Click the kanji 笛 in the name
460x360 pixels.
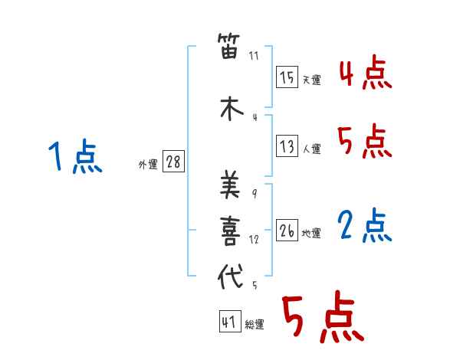[229, 46]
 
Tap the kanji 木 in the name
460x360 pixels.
[232, 108]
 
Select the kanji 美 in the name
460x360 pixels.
[230, 184]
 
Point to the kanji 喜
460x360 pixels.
[230, 231]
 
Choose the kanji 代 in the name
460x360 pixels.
[231, 276]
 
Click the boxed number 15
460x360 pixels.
[287, 77]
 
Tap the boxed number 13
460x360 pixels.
[287, 146]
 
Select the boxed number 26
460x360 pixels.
[287, 230]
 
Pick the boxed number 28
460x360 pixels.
[173, 161]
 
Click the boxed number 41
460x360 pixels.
[230, 321]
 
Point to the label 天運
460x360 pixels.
[312, 80]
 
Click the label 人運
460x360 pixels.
[312, 149]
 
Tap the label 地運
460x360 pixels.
[311, 234]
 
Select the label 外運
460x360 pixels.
[148, 165]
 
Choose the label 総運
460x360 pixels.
[255, 324]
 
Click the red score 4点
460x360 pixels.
[366, 73]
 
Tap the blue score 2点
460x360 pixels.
[365, 225]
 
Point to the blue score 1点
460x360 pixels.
[75, 155]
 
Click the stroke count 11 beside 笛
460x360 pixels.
[254, 56]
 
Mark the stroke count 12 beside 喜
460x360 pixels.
[254, 240]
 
